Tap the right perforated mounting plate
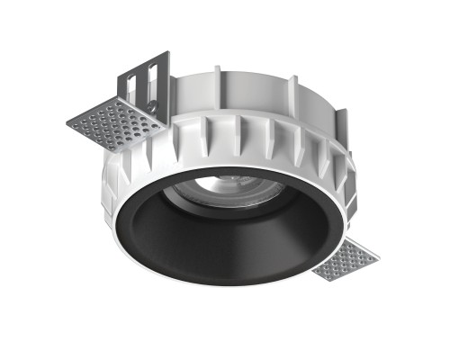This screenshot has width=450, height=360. tap(347, 261)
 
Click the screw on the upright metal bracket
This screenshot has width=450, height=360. tap(152, 109)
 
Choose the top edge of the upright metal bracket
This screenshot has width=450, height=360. tap(144, 55)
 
